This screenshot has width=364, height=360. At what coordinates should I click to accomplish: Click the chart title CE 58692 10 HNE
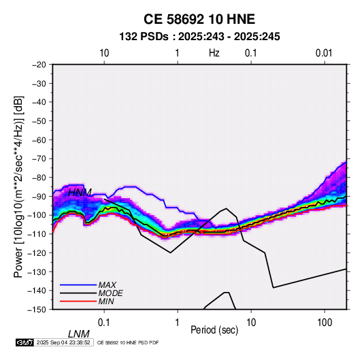click(199, 19)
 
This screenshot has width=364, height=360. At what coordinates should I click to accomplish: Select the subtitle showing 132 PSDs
click(199, 37)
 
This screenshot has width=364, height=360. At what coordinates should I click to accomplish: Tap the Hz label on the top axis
click(214, 53)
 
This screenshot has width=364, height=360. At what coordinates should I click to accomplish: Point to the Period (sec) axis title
click(214, 329)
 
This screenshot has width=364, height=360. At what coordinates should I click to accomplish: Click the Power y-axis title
click(18, 187)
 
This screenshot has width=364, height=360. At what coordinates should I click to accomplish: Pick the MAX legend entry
click(107, 284)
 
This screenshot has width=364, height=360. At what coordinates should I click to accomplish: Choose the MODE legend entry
click(110, 293)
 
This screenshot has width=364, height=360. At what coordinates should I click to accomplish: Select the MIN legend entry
click(106, 301)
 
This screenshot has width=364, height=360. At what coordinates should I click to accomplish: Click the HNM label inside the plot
click(80, 193)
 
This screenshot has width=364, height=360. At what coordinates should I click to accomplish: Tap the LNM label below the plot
click(78, 334)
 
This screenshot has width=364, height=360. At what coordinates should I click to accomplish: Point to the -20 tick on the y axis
click(39, 65)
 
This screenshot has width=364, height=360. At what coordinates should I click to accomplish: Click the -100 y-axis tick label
click(37, 215)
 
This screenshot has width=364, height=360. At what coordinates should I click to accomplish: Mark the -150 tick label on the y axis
click(37, 310)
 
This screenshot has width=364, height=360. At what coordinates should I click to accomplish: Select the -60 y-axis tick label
click(39, 140)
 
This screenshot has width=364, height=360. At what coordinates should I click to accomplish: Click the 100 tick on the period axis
click(325, 323)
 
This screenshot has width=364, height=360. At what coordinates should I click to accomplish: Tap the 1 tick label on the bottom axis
click(177, 323)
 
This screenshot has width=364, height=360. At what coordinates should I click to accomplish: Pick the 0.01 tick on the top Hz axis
click(324, 53)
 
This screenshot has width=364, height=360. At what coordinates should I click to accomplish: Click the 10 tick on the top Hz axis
click(104, 53)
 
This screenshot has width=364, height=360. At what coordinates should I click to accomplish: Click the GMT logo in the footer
click(25, 342)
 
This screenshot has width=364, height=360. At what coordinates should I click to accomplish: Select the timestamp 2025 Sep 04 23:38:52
click(63, 342)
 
